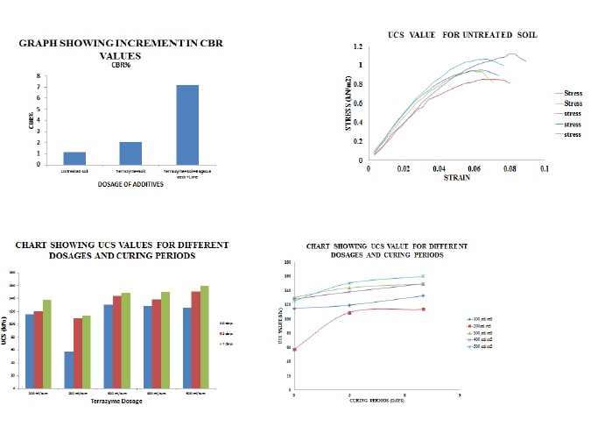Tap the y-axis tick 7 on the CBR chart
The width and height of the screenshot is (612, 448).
pos(39,85)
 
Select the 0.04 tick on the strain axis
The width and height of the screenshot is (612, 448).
pos(439,167)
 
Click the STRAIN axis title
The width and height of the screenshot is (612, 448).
pos(456,178)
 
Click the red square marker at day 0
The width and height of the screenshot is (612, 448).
pos(294,349)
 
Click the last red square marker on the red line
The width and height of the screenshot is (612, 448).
pos(423,309)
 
